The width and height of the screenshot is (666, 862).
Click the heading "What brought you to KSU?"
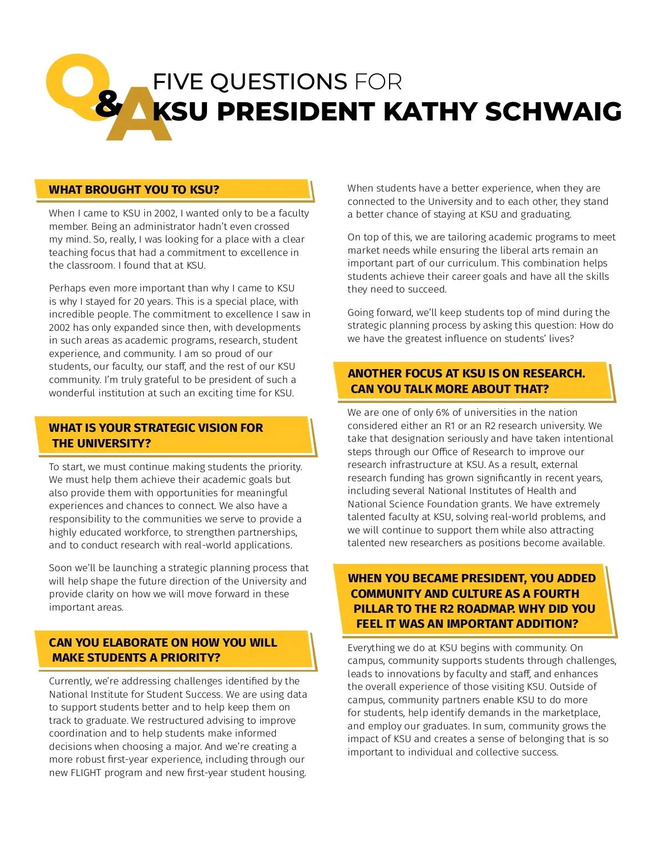pyautogui.click(x=134, y=190)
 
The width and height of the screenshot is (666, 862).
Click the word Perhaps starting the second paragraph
pyautogui.click(x=67, y=288)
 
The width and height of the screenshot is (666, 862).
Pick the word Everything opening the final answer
pyautogui.click(x=371, y=648)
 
